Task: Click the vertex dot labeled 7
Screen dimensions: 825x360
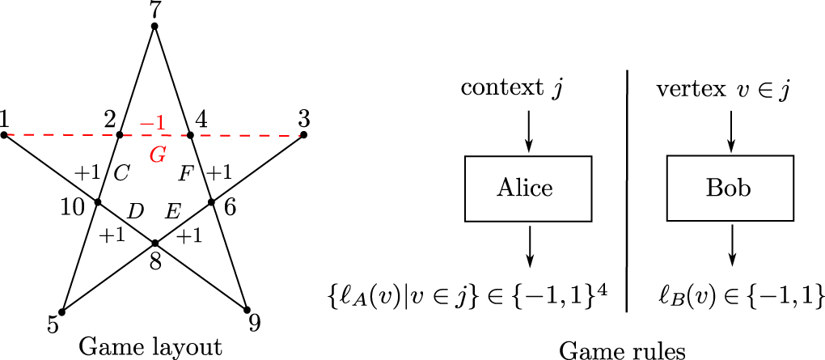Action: (154, 27)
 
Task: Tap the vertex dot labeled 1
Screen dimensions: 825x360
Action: (4, 135)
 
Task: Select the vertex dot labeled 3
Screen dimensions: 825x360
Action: (303, 135)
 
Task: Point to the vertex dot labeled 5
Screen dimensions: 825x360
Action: (61, 312)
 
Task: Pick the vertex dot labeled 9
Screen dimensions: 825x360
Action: (246, 310)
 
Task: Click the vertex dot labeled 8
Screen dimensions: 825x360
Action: (154, 244)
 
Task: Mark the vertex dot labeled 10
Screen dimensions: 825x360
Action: (97, 201)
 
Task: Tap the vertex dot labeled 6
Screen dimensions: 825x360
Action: (212, 201)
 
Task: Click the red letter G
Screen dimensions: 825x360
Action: (158, 155)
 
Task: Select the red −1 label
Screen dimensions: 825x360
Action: (153, 124)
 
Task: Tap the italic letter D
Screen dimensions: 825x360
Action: (136, 212)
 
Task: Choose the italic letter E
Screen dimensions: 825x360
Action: (173, 212)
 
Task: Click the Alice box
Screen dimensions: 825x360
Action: (528, 188)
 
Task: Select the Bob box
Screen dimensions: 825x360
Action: (730, 188)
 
